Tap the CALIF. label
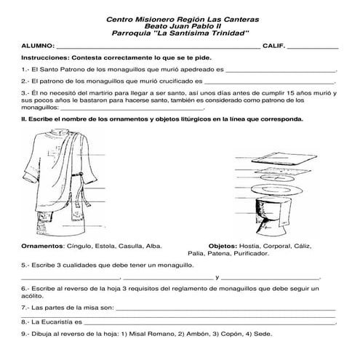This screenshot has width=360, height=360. point(275,45)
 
